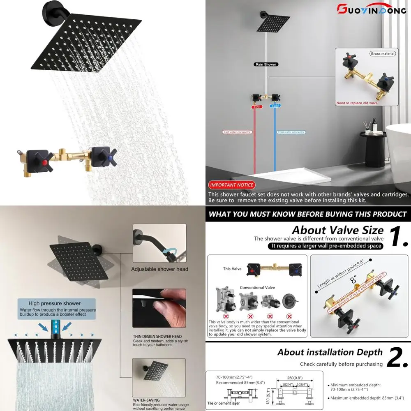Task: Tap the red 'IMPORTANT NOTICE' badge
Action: point(232,185)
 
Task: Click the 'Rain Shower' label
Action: point(265,65)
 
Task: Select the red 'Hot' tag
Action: point(257,106)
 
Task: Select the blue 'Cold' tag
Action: point(275,106)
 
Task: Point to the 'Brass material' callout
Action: point(383,54)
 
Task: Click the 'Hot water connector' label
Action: point(238,132)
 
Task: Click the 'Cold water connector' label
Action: point(291,132)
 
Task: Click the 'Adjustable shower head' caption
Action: point(159,269)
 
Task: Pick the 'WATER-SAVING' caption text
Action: point(146,399)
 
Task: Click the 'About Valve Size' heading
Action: point(337,230)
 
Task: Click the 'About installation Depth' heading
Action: point(330,352)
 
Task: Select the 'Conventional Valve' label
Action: point(257,288)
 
